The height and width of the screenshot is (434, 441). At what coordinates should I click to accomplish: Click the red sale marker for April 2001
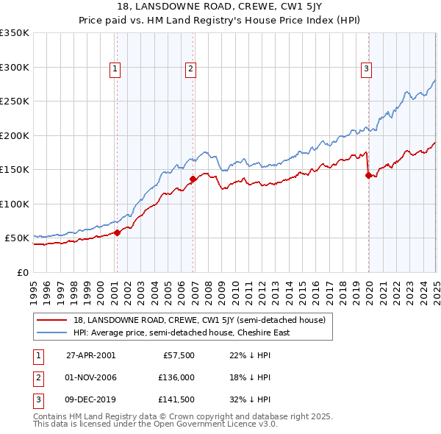(x=117, y=233)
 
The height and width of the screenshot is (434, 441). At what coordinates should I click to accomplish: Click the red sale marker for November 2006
(x=193, y=179)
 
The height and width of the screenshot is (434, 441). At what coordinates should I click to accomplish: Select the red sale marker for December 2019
(x=368, y=175)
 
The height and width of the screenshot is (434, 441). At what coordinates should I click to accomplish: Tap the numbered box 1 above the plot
(x=116, y=69)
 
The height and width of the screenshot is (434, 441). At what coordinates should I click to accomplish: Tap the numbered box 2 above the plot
(x=190, y=69)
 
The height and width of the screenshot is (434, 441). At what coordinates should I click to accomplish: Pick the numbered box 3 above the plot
(x=366, y=69)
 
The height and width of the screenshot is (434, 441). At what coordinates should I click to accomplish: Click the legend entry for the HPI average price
(x=182, y=332)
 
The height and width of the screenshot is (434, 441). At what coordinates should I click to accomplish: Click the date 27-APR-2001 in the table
(x=90, y=355)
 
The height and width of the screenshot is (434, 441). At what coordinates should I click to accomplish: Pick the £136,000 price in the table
(x=177, y=378)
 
